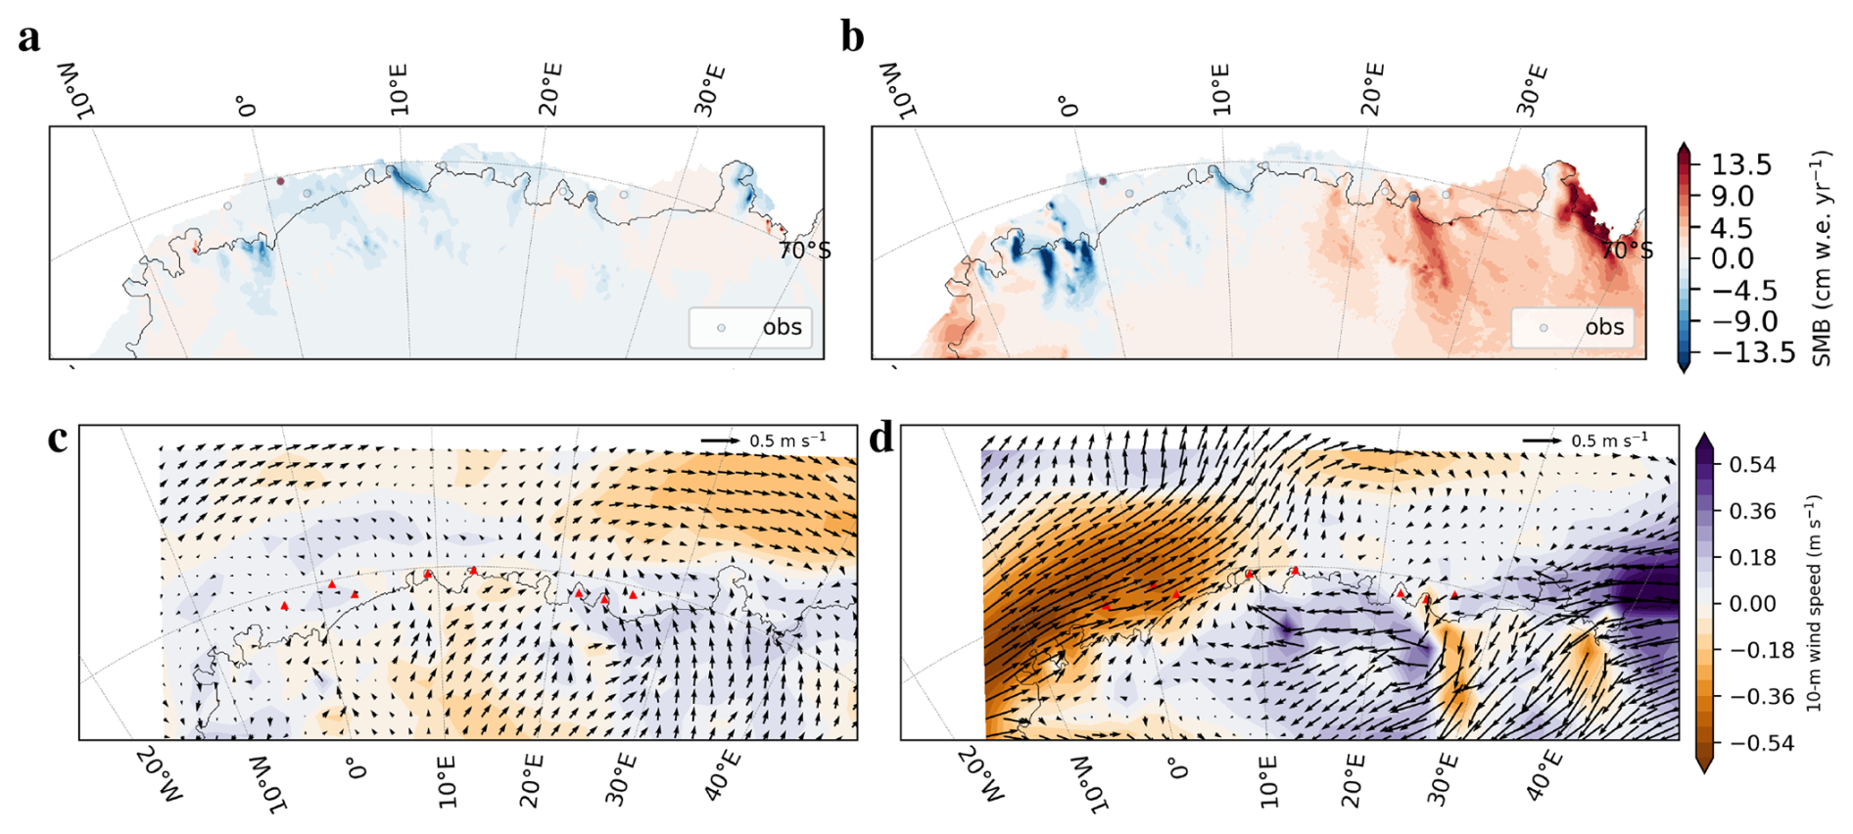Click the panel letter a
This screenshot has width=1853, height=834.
29,38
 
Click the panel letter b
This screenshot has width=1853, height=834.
852,38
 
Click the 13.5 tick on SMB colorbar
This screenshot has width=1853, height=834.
1741,164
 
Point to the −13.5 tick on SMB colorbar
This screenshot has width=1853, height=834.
1753,352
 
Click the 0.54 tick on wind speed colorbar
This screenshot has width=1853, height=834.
1751,465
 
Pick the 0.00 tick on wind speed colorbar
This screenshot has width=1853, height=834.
1751,604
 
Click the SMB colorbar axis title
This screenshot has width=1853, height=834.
1821,258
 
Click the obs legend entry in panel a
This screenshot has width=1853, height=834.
782,327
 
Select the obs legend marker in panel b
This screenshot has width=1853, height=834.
1544,328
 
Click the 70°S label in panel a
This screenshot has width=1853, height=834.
804,252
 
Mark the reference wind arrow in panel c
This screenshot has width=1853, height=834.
721,441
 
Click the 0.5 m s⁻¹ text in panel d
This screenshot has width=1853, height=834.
1610,440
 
